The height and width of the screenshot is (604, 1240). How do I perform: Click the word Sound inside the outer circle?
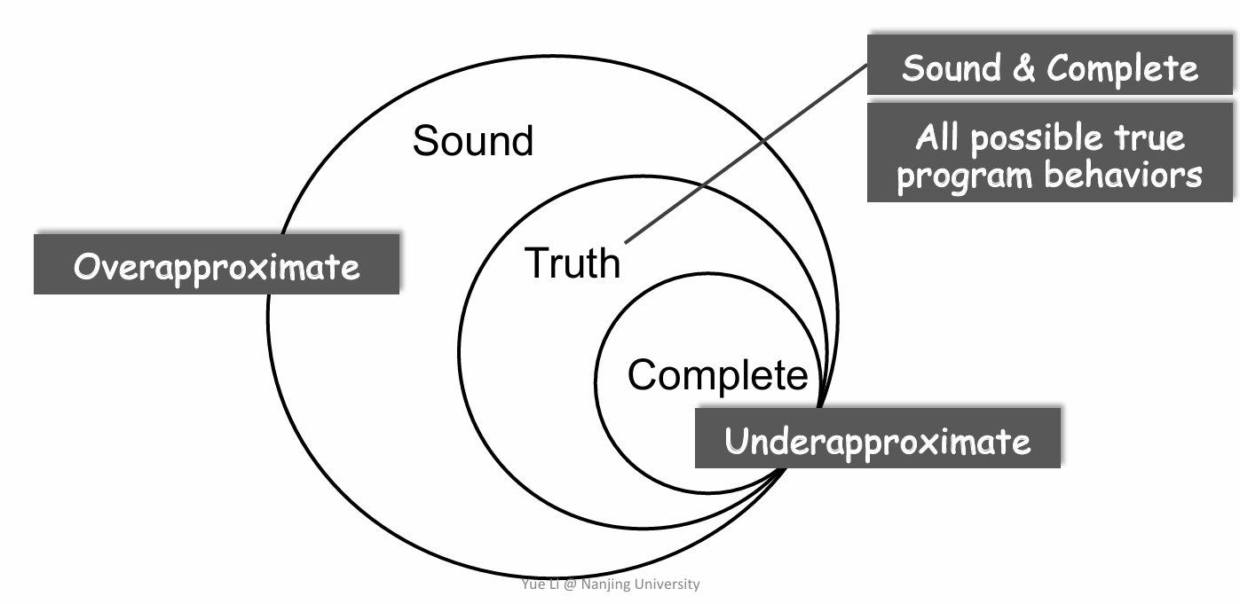[473, 140]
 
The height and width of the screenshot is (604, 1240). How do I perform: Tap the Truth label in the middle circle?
[573, 263]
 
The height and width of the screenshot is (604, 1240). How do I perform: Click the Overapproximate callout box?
[217, 263]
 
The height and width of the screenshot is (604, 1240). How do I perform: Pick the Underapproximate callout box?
[878, 438]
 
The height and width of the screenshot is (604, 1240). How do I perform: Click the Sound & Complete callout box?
[1050, 65]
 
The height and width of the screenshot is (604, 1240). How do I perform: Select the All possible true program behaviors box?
[1050, 153]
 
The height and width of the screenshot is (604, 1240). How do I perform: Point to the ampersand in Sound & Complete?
[1023, 68]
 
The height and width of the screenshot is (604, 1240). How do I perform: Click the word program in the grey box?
[965, 178]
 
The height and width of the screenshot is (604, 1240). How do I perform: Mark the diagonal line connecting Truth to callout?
[746, 153]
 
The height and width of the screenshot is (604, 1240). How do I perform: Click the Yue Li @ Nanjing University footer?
[610, 584]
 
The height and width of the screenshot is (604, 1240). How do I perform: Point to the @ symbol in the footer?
[570, 584]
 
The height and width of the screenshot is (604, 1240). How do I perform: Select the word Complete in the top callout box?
[1122, 68]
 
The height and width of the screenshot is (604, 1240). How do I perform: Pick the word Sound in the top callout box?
[952, 67]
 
